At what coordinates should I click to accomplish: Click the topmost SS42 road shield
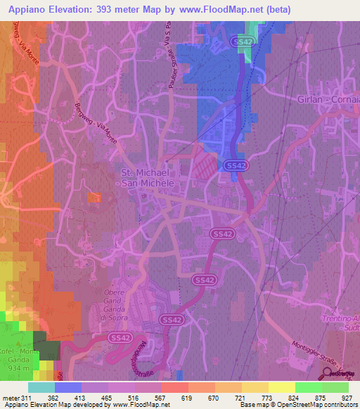tap(241, 42)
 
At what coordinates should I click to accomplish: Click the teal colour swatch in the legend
tap(41, 387)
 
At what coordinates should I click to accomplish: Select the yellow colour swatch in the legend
tap(281, 387)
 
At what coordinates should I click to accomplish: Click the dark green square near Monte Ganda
tap(46, 349)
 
